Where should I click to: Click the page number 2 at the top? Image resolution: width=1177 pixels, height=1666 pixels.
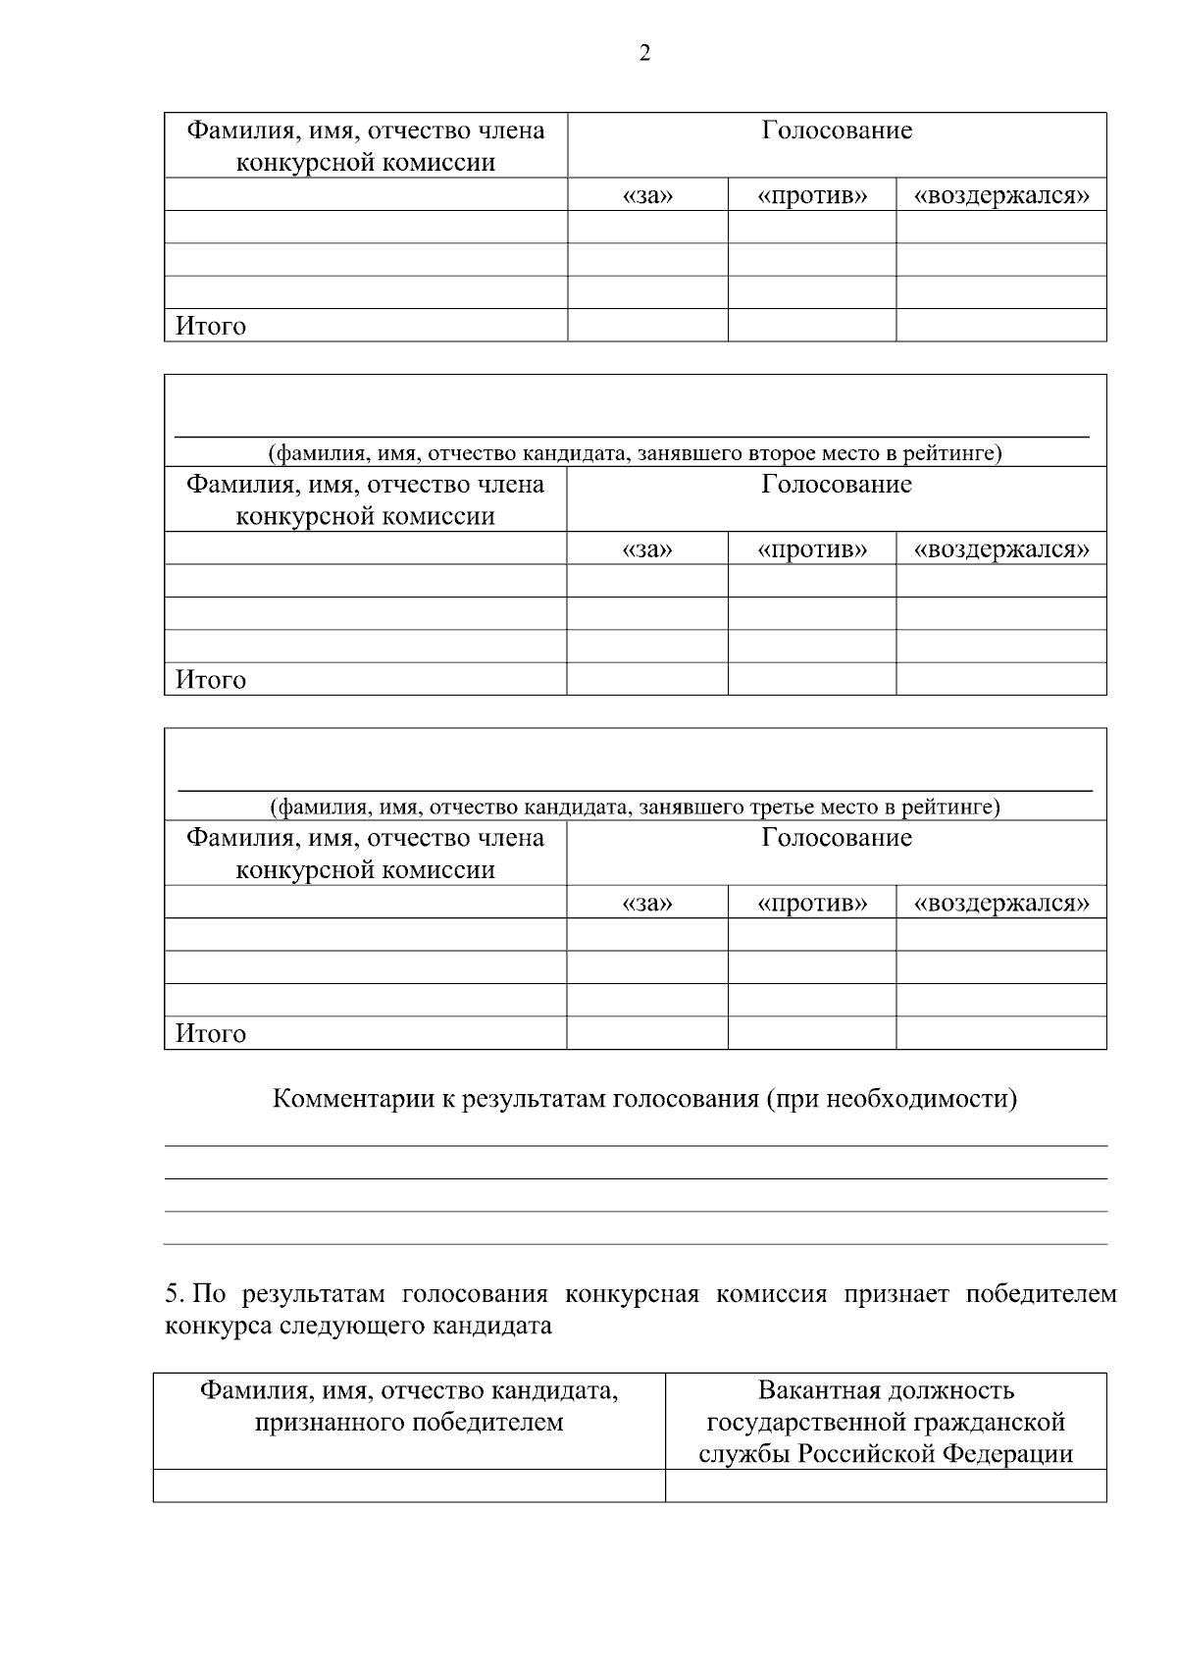pos(644,54)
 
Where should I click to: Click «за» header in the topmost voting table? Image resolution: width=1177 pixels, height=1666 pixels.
pos(647,195)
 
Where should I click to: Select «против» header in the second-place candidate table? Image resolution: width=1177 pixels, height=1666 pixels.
pos(812,548)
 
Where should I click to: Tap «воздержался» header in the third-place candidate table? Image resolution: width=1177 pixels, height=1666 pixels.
pos(1001,903)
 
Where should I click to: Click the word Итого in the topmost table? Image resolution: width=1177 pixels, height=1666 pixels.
pos(211,327)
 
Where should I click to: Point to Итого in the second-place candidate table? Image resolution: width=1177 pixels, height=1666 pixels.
pos(211,680)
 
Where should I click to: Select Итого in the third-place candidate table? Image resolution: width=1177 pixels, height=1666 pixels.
pos(211,1033)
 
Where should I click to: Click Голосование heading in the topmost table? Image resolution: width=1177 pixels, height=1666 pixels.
pos(837,130)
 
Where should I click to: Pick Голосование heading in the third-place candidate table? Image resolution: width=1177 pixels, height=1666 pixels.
pos(837,837)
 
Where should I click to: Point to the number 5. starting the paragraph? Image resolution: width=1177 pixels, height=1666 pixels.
pos(175,1294)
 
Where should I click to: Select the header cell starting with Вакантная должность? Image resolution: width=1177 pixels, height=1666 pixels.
pos(886,1422)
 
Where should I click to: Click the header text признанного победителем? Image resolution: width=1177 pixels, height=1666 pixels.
pos(409,1422)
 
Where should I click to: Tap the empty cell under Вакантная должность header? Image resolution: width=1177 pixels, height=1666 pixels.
pos(886,1484)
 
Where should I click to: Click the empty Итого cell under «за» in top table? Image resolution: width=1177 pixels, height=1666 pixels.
pos(647,326)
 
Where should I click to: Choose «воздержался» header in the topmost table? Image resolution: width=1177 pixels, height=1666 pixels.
pos(1001,195)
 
